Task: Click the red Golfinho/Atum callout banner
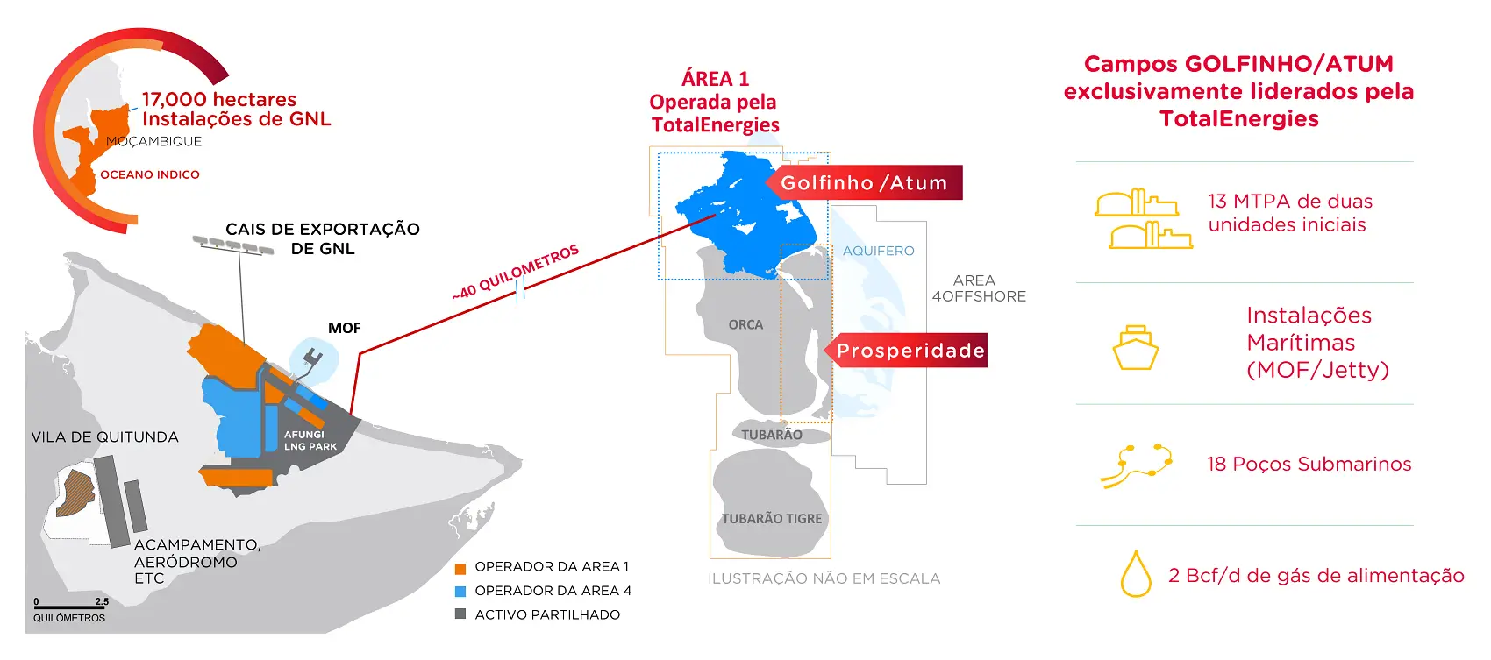click(864, 183)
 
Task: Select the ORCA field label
click(745, 324)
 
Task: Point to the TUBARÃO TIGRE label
click(772, 519)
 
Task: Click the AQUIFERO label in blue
click(878, 251)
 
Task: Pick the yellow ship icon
click(1136, 348)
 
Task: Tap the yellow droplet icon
click(1136, 574)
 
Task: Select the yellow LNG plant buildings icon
click(1143, 219)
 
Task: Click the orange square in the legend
click(460, 568)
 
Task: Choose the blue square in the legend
click(460, 592)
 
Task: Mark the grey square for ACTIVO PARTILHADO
click(460, 614)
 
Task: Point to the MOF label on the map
click(345, 328)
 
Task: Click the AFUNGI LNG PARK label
click(310, 440)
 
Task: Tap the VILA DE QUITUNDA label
click(104, 437)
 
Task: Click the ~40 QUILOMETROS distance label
click(516, 271)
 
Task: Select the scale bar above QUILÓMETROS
click(70, 607)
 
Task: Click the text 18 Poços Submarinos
click(1309, 465)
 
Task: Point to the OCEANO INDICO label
click(150, 174)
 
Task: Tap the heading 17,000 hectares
click(219, 100)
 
